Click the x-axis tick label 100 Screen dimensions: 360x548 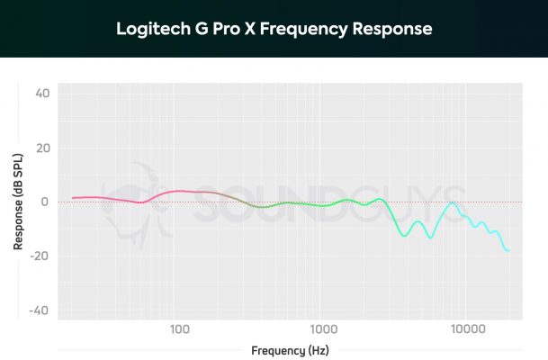coord(178,328)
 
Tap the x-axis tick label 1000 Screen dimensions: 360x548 coord(322,328)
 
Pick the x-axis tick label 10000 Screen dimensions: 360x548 coord(465,328)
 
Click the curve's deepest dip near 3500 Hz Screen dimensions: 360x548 coord(404,236)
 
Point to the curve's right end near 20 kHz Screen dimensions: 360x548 coord(508,250)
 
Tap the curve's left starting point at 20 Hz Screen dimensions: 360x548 coord(73,197)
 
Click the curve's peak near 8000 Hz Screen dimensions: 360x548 coord(453,202)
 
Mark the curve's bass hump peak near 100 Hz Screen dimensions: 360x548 coord(180,191)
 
